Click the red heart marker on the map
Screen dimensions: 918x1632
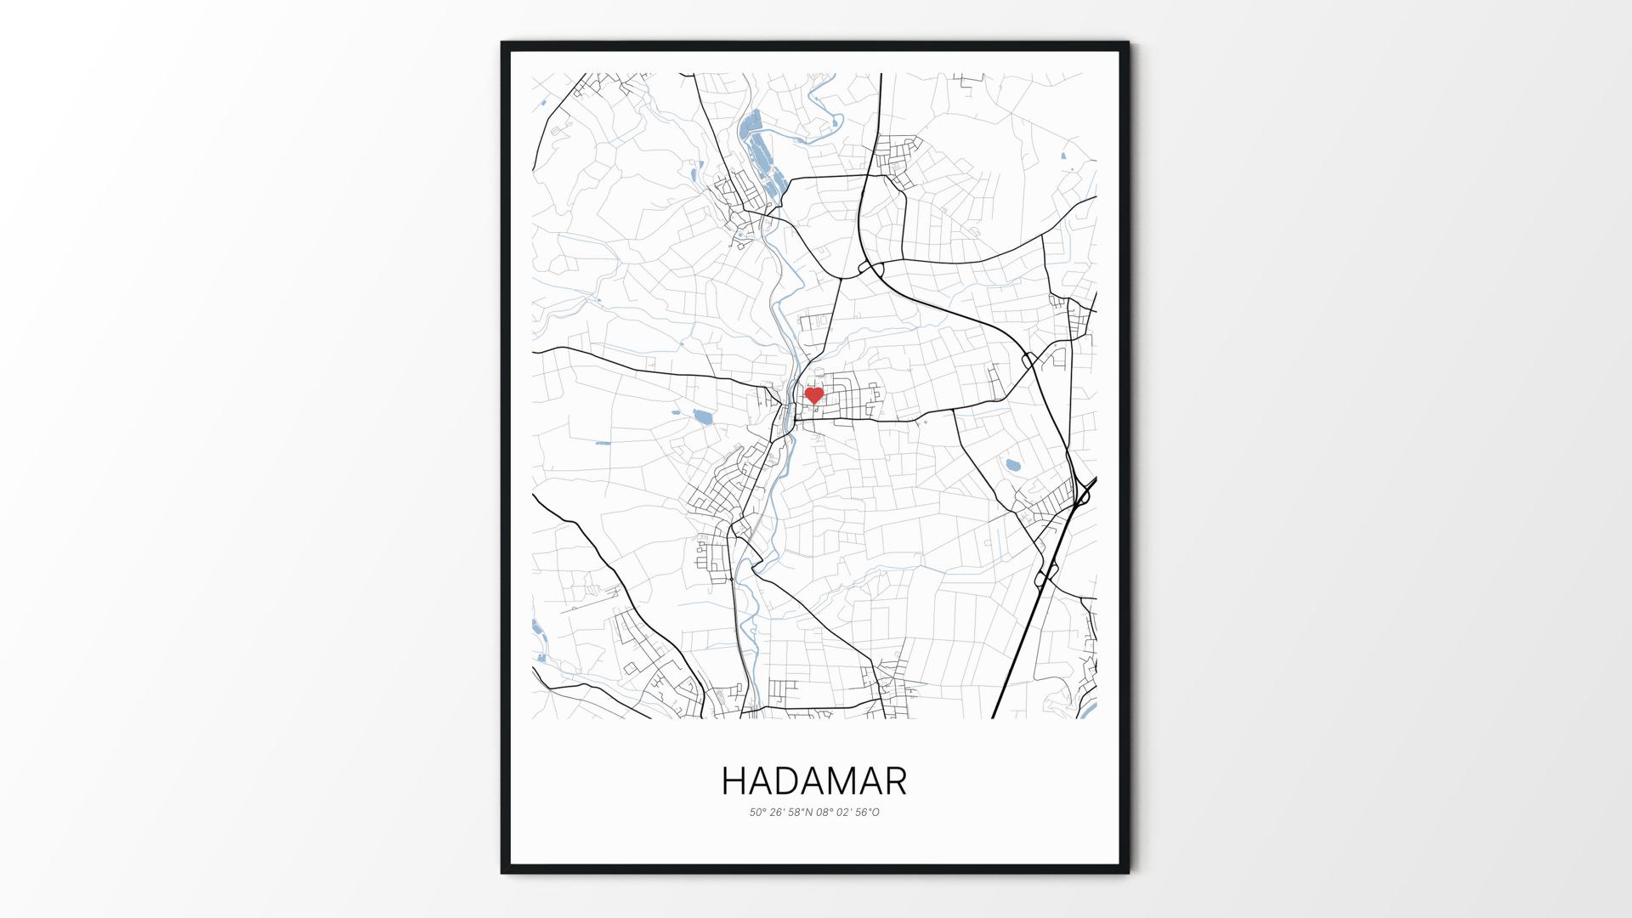point(813,395)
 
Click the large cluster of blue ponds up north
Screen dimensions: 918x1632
point(756,153)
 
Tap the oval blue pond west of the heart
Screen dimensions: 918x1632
point(702,416)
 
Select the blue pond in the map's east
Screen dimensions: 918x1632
point(1012,465)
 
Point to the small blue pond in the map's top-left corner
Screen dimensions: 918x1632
point(539,105)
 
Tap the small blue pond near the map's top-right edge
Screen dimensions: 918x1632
point(1064,156)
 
